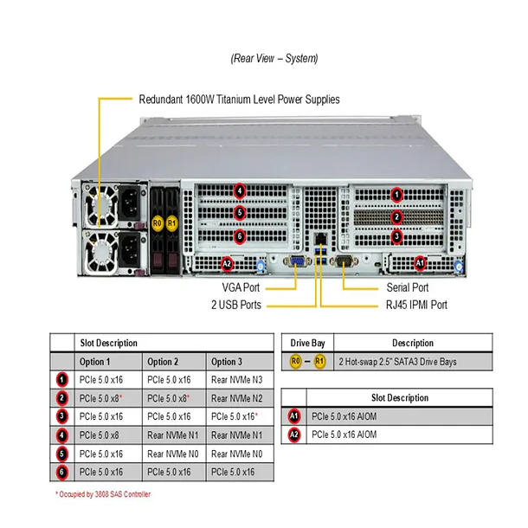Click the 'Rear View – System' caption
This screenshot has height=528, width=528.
(274, 59)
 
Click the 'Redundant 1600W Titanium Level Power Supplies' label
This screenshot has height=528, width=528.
(240, 100)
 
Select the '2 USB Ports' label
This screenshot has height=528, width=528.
(235, 305)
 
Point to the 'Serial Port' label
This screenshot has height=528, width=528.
(407, 287)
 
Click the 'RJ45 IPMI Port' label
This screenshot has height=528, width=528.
(416, 305)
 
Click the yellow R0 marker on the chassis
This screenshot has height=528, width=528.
(157, 222)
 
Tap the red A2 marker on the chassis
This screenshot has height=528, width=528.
(227, 262)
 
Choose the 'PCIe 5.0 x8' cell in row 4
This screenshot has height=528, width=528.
(100, 435)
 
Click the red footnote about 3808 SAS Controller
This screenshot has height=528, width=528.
(103, 494)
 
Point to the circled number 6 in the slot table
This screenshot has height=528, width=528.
(61, 472)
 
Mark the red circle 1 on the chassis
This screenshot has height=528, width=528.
(396, 195)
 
